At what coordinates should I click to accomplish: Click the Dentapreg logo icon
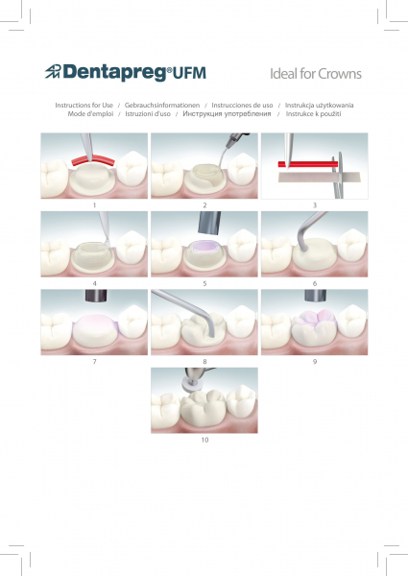click(53, 71)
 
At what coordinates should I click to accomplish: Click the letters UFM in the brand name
click(189, 73)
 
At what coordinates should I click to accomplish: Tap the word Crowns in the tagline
click(339, 74)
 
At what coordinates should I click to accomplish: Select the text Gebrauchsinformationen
click(162, 105)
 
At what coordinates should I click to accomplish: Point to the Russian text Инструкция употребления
click(227, 114)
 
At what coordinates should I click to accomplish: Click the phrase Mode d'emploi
click(90, 114)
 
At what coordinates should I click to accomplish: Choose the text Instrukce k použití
click(313, 114)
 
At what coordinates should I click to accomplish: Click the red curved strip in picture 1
click(93, 159)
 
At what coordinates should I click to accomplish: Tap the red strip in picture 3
click(308, 164)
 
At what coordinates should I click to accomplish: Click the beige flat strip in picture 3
click(319, 178)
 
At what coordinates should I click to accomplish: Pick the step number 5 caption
click(204, 283)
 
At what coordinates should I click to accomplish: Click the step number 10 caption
click(204, 440)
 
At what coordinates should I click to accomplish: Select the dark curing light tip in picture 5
click(209, 223)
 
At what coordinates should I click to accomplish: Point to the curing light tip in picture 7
click(96, 296)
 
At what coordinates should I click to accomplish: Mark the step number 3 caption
click(315, 205)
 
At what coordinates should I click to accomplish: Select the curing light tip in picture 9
click(316, 296)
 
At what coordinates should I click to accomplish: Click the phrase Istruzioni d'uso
click(148, 114)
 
